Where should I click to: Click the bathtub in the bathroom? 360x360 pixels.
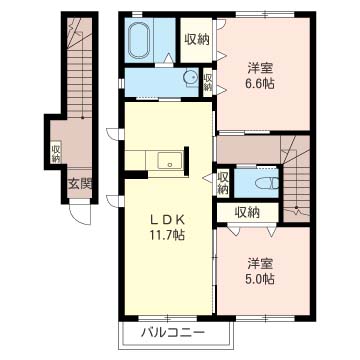point(139,42)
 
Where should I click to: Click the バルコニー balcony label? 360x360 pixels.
point(172,331)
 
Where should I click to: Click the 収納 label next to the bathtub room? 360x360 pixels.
point(196,39)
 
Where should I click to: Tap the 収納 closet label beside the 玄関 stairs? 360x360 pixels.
point(56,152)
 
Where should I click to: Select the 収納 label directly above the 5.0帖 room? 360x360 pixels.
point(248,211)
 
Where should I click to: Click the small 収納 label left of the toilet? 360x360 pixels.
point(222,183)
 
